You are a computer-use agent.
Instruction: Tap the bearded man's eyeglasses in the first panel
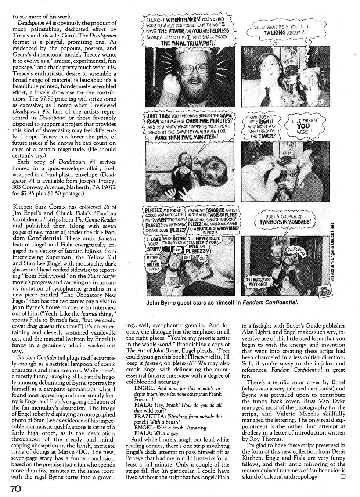coord(188,69)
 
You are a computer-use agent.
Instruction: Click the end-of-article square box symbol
coord(343,477)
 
